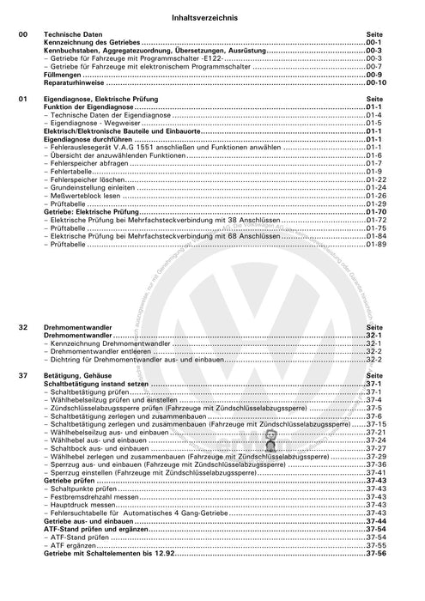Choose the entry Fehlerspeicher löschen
tap(89, 179)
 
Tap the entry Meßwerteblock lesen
tap(86, 195)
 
